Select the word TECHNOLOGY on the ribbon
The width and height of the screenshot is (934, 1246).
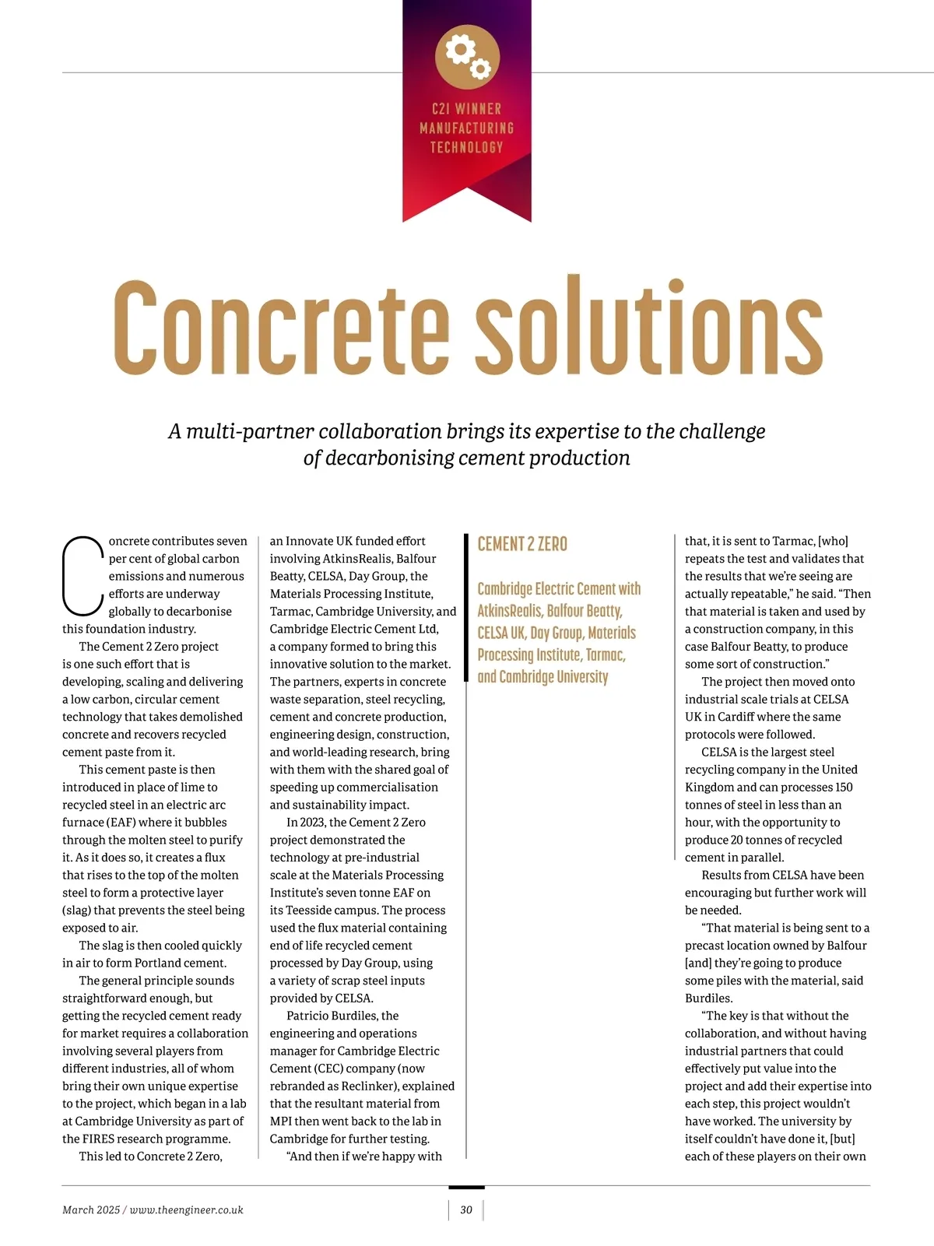tap(467, 147)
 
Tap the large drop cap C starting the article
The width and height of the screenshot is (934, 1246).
tap(82, 575)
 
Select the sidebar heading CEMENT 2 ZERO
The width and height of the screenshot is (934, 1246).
tap(522, 544)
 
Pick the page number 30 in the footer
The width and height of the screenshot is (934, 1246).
tap(466, 1209)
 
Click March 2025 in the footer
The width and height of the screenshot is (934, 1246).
tap(91, 1209)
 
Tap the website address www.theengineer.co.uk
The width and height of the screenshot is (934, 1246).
tap(187, 1209)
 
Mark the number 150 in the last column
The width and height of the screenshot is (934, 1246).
tap(844, 787)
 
